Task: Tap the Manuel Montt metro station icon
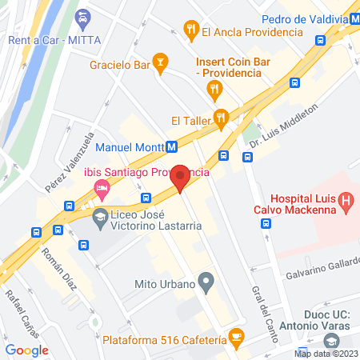click(171, 147)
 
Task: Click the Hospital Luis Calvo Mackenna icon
click(346, 201)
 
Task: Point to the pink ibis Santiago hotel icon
click(102, 190)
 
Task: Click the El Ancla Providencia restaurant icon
click(190, 32)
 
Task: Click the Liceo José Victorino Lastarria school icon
click(101, 217)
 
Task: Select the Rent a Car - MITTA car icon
click(82, 18)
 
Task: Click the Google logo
click(27, 350)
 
